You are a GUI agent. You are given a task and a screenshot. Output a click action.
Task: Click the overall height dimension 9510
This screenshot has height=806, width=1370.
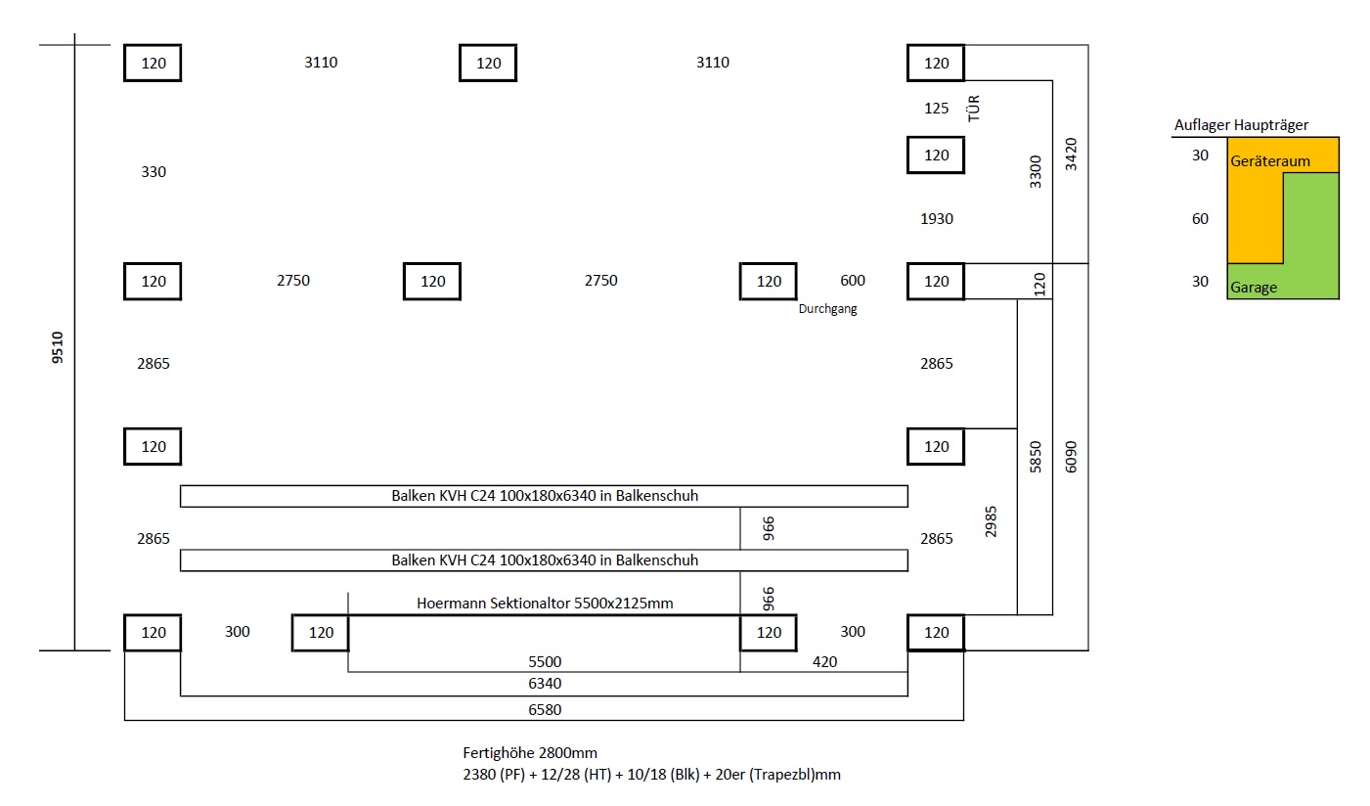coord(57,347)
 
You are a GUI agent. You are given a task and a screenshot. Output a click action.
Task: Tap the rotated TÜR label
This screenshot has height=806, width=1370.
coord(974,109)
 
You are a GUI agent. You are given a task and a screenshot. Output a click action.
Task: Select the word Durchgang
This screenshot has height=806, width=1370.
coord(827,309)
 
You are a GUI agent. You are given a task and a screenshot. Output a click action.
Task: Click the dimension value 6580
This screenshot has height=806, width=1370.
coord(545,710)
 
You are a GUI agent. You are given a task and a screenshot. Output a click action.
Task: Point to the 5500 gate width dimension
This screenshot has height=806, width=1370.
coord(545,661)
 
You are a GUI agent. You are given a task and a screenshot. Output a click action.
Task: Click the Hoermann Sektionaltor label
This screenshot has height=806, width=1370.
coord(545,604)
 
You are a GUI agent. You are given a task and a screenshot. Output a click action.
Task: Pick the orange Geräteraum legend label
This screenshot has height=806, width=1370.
coord(1269,161)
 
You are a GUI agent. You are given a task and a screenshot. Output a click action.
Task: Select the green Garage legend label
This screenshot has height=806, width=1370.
coord(1254,288)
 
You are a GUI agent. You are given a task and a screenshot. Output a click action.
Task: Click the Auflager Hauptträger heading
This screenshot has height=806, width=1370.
coord(1241,125)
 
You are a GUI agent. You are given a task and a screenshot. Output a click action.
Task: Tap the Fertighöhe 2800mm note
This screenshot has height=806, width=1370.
coord(530,753)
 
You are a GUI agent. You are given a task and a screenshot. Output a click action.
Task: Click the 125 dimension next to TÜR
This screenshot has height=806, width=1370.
coord(937,109)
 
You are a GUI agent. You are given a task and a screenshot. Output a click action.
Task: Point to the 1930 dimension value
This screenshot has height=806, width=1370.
coord(937,218)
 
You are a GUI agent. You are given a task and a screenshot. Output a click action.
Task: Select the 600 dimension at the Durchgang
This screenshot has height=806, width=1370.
coord(852,281)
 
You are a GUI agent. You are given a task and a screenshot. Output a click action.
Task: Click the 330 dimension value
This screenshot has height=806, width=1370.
coord(153,172)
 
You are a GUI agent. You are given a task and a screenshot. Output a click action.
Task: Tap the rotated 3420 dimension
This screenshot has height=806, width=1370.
coord(1071,155)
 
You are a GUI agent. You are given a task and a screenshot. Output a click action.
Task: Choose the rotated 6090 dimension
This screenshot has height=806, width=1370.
coord(1071,457)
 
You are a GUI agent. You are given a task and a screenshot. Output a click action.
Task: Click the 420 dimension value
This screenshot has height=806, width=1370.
coord(824,661)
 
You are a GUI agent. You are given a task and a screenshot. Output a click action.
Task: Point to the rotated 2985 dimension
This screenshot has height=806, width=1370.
coord(991,521)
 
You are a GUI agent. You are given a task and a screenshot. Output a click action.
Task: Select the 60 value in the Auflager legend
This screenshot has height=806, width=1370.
coord(1200,218)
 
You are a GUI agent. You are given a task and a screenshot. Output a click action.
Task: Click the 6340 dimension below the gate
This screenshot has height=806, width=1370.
coord(545,684)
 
